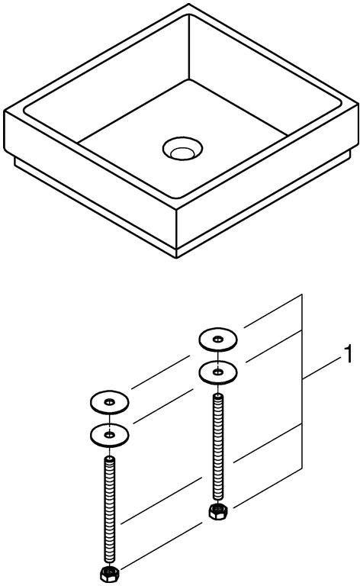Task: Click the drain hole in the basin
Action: pos(182,148)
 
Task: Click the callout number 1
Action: pos(348,354)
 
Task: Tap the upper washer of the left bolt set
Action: pos(110,403)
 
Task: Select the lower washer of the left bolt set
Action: pos(110,435)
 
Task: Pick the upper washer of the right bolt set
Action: pos(217,340)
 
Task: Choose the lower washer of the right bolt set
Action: pos(217,372)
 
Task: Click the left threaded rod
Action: pos(109,510)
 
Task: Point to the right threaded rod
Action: pos(217,447)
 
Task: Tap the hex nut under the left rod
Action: pos(108,574)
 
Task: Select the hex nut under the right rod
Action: pos(217,512)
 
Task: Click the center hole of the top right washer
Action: pos(218,340)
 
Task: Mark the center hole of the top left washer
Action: pos(110,402)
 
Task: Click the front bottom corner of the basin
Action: pos(176,257)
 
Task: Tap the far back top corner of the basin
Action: pos(188,4)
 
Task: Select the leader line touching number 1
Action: pos(323,368)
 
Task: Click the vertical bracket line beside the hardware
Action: pos(302,382)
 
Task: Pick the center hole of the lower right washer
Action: pos(218,372)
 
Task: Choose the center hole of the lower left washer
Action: pos(110,435)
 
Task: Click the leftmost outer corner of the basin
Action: pos(4,111)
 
